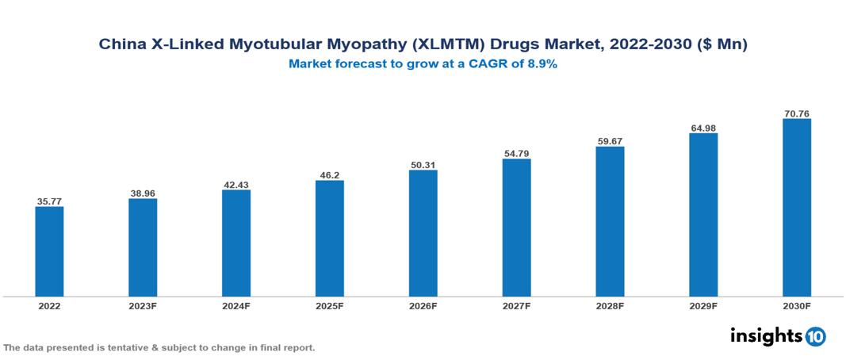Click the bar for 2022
[x=49, y=251]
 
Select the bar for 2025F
[x=329, y=238]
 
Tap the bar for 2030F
[x=796, y=208]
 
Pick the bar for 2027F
[x=516, y=228]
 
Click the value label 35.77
[x=49, y=201]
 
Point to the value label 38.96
[x=143, y=193]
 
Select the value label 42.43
[x=236, y=185]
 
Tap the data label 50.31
[x=423, y=165]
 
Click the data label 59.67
[x=610, y=141]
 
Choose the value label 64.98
[x=703, y=128]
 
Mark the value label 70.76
[x=796, y=113]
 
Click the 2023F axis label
[x=143, y=305]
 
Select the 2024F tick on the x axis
[x=236, y=305]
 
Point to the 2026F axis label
[x=423, y=305]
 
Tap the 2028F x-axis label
[x=610, y=305]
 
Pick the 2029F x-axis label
[x=703, y=305]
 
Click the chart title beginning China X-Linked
[x=423, y=45]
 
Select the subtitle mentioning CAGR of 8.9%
[x=423, y=64]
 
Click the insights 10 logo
[x=777, y=336]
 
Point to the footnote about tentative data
[x=159, y=347]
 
